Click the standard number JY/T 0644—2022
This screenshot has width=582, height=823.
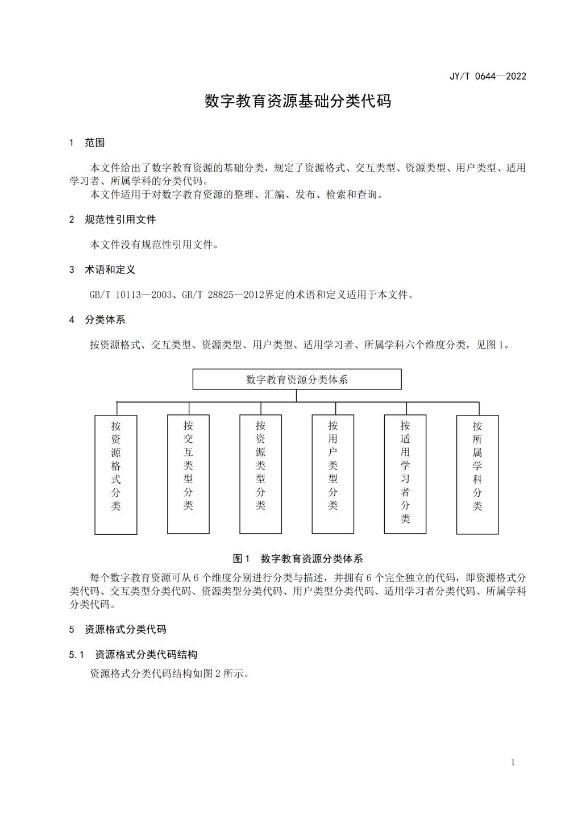point(488,76)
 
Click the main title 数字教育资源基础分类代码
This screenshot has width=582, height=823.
point(298,101)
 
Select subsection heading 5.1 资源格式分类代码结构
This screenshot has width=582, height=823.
point(134,654)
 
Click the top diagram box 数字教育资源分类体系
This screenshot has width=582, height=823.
point(297,379)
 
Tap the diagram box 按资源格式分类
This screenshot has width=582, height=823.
point(116,474)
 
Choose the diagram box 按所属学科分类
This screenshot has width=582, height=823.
point(477,474)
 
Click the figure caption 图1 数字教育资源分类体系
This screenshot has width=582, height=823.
point(298,559)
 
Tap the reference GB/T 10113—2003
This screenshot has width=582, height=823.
point(131,295)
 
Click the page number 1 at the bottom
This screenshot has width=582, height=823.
point(513,762)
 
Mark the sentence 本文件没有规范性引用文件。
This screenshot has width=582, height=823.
point(155,245)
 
